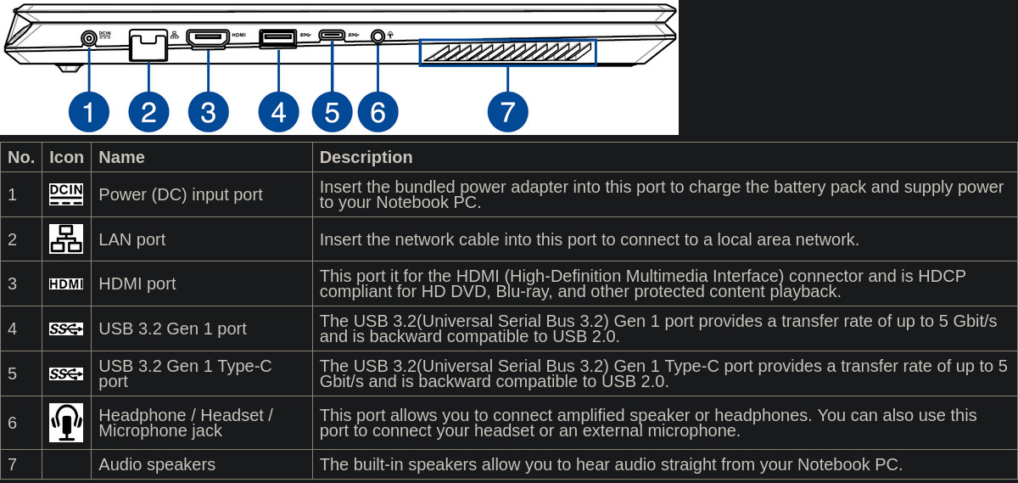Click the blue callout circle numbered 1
tap(88, 112)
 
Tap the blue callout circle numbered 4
tap(278, 112)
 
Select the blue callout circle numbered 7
tap(507, 112)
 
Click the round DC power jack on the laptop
tap(89, 38)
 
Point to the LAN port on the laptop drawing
tap(148, 45)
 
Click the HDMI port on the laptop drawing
tap(208, 39)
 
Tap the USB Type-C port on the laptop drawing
tap(332, 35)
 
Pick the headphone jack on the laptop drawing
tap(378, 36)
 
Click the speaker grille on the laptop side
tap(507, 53)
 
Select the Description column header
tap(366, 157)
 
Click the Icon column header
tap(66, 157)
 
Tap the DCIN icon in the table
tap(66, 194)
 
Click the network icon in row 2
tap(66, 239)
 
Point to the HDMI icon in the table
tap(66, 284)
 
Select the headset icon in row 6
tap(66, 423)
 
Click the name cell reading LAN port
tap(131, 239)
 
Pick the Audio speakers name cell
tap(157, 464)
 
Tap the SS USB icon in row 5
tap(66, 373)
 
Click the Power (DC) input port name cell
tap(181, 194)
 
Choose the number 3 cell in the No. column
tap(12, 284)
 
